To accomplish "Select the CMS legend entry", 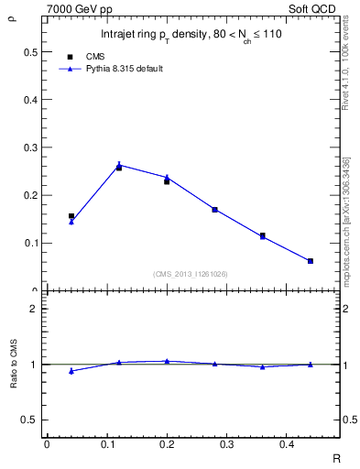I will (x=95, y=57).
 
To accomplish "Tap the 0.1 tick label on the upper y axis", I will (x=30, y=243).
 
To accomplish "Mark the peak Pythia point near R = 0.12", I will (x=119, y=165).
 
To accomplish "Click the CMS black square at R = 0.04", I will (x=71, y=216).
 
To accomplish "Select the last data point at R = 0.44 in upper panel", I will (x=311, y=261).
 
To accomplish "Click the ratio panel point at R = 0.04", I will (x=71, y=371).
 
